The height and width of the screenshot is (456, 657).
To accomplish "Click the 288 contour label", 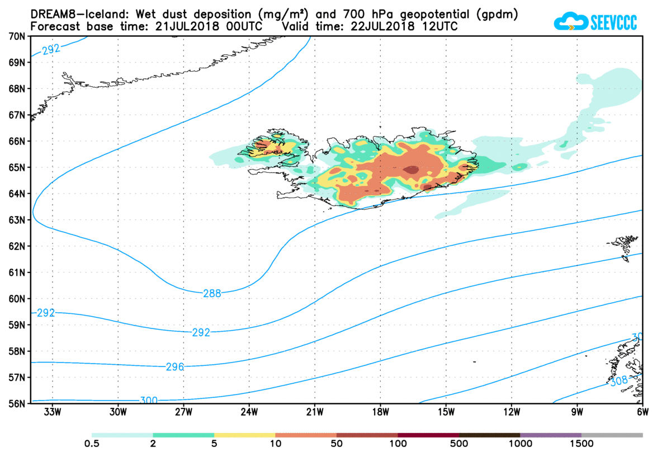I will tap(212, 293).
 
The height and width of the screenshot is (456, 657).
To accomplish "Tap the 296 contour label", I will tap(174, 367).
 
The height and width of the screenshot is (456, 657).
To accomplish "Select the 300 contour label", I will tap(149, 400).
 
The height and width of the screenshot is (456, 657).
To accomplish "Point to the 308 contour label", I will tap(618, 381).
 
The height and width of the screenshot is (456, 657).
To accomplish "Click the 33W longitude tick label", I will tap(52, 412).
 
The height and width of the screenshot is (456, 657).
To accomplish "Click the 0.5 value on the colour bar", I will tap(92, 444).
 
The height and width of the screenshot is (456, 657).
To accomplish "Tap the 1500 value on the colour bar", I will tap(582, 444).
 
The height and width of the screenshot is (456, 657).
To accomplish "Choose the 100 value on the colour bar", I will tap(398, 444).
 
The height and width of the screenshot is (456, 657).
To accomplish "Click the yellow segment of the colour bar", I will tap(244, 435).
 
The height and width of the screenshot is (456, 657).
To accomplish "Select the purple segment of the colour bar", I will tap(551, 435).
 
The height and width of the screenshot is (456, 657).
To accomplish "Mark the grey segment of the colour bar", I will tap(612, 435).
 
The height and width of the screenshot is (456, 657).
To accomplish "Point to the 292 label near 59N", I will tap(45, 313).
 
